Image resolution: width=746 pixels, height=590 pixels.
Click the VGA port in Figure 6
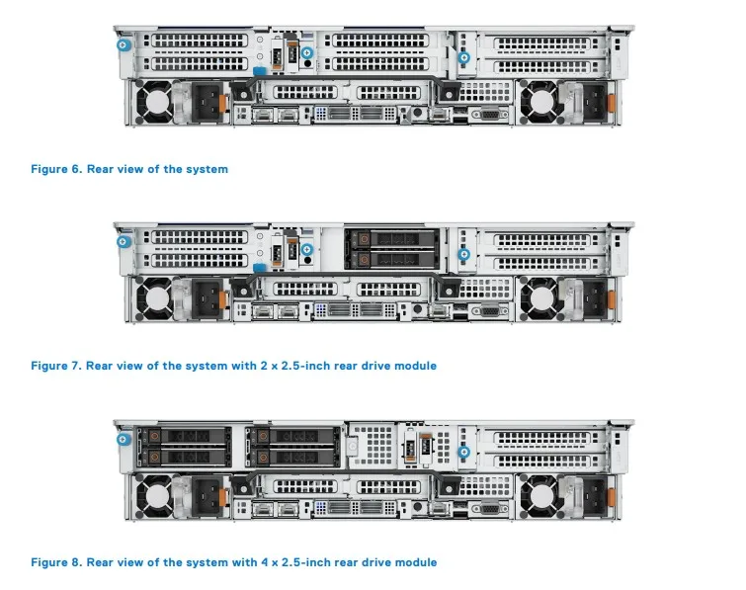pos(487,115)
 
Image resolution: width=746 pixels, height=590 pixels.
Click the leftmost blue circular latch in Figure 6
pos(123,44)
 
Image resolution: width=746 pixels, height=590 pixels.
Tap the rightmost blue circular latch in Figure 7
pos(463,254)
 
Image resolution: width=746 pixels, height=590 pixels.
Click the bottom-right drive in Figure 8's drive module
pos(291,457)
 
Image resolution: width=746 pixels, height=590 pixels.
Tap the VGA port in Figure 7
pos(487,311)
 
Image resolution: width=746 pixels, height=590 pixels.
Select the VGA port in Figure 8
pos(487,508)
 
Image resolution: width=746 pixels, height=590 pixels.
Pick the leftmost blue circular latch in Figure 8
pos(123,438)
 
